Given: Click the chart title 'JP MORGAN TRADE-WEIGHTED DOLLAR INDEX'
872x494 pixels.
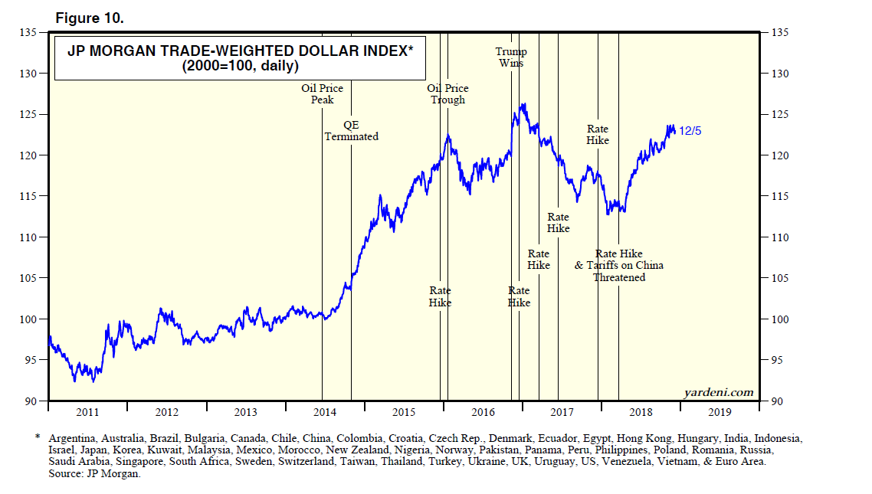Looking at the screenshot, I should point(240,52).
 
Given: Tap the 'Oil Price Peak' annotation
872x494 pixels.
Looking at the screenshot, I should point(322,94).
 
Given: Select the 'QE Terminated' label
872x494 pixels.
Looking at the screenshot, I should point(351,130).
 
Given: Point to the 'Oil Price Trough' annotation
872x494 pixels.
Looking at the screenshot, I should point(447,94).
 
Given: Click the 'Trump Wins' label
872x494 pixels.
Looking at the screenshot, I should point(511,57).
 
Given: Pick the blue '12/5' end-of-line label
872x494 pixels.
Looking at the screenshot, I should point(690,131).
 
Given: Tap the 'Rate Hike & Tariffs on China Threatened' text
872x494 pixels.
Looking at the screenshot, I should point(619,266).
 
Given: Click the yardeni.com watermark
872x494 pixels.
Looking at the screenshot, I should point(720,392).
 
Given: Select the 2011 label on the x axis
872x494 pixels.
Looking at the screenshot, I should point(87,412).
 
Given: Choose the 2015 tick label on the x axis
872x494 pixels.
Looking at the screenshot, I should point(404,412).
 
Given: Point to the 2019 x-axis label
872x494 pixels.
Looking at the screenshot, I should point(720,412).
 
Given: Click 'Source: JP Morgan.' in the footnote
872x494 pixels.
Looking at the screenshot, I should point(94,474).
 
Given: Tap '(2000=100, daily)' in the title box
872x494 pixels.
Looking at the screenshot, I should point(240,67).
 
